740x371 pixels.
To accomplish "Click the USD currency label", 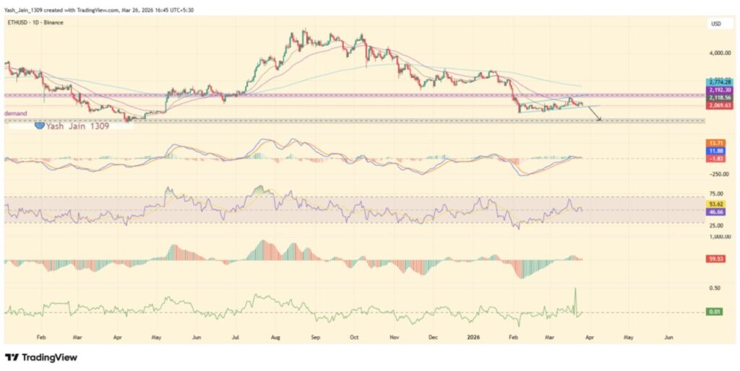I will coord(716,24).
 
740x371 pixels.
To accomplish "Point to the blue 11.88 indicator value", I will coord(718,151).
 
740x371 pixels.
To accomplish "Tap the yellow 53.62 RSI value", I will coord(718,205).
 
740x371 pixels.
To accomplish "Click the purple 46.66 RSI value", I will coord(718,212).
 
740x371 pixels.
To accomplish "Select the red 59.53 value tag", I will coord(718,258).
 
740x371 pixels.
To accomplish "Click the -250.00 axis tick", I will coord(718,174).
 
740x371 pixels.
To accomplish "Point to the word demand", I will coord(16,113).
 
